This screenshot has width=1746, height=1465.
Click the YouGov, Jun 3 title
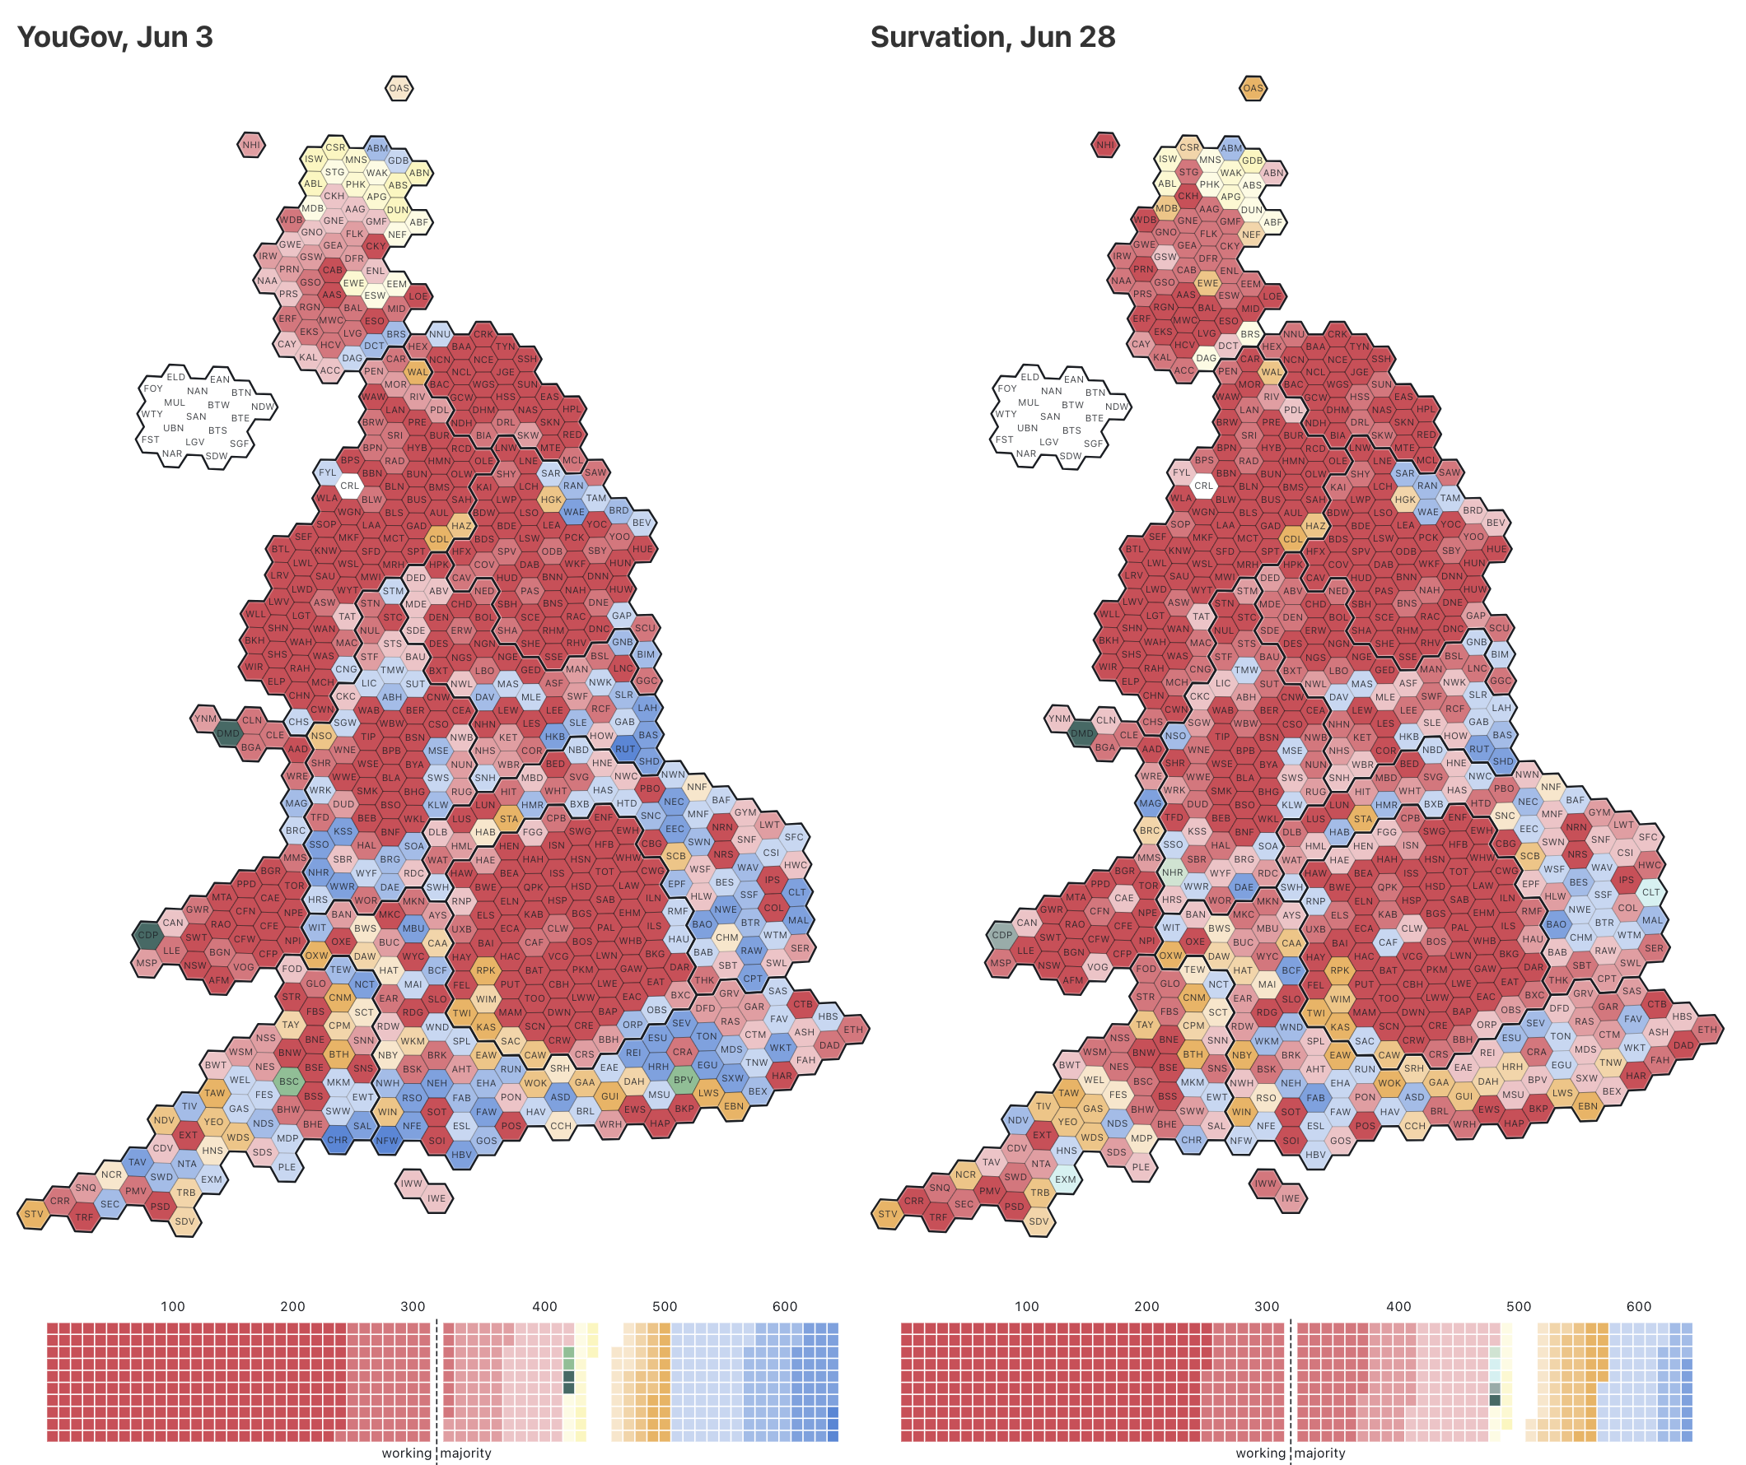114,37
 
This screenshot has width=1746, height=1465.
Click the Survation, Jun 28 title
992,37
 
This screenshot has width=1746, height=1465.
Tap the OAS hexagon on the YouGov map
399,88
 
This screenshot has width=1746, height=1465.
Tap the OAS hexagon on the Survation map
1252,88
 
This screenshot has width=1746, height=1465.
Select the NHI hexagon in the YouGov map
251,145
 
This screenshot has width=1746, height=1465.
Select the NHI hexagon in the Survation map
1104,145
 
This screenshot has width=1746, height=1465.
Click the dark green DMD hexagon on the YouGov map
228,734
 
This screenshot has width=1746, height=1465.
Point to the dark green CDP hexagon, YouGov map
148,935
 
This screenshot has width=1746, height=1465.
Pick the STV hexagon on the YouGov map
33,1214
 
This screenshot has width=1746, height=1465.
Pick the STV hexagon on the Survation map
887,1214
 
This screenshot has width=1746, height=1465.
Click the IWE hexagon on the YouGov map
436,1198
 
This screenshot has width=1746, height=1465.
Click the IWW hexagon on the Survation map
1264,1184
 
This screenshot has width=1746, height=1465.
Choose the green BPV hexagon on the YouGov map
684,1081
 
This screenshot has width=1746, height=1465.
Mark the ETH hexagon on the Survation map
1707,1030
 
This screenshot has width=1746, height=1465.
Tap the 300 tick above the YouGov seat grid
413,1306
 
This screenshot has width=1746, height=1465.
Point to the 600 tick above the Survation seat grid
1638,1306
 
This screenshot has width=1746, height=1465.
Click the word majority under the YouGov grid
465,1453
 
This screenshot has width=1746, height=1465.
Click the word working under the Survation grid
1260,1453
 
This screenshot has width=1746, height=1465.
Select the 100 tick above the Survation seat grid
1026,1306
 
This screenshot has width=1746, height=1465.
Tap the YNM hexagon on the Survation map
1059,719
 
